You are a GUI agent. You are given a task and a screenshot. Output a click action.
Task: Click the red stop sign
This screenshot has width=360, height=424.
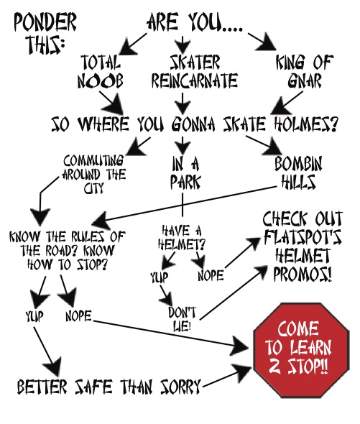pyautogui.click(x=301, y=350)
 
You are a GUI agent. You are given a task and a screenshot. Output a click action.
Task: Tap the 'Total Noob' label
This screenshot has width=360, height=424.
pyautogui.click(x=101, y=71)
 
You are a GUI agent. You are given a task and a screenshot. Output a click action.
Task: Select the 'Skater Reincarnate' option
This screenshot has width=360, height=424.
pyautogui.click(x=195, y=71)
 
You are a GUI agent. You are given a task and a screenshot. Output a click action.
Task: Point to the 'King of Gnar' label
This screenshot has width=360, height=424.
pyautogui.click(x=305, y=71)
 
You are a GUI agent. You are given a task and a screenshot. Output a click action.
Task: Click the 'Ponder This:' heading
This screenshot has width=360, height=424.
pyautogui.click(x=45, y=33)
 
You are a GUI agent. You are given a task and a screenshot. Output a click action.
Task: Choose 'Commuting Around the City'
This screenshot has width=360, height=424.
pyautogui.click(x=93, y=174)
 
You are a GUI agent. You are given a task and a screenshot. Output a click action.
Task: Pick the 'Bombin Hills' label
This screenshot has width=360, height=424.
pyautogui.click(x=299, y=172)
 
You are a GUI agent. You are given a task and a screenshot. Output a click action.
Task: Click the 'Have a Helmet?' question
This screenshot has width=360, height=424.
pyautogui.click(x=182, y=238)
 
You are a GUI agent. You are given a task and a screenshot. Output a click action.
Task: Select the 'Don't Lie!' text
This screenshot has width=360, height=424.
pyautogui.click(x=182, y=319)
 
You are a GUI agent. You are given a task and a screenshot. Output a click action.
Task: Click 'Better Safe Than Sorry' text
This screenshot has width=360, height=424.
pyautogui.click(x=109, y=386)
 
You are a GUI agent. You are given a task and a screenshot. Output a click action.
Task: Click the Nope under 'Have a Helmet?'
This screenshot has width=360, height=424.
pyautogui.click(x=211, y=275)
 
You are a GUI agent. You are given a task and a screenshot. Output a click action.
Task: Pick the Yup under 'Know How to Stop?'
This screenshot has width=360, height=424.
pyautogui.click(x=34, y=316)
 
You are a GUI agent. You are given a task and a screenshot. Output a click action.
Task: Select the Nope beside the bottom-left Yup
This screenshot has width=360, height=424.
pyautogui.click(x=79, y=315)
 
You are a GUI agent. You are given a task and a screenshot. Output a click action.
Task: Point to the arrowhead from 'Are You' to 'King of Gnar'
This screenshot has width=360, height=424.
pyautogui.click(x=267, y=44)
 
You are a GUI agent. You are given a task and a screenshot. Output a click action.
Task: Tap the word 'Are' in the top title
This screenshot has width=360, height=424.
pyautogui.click(x=162, y=22)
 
